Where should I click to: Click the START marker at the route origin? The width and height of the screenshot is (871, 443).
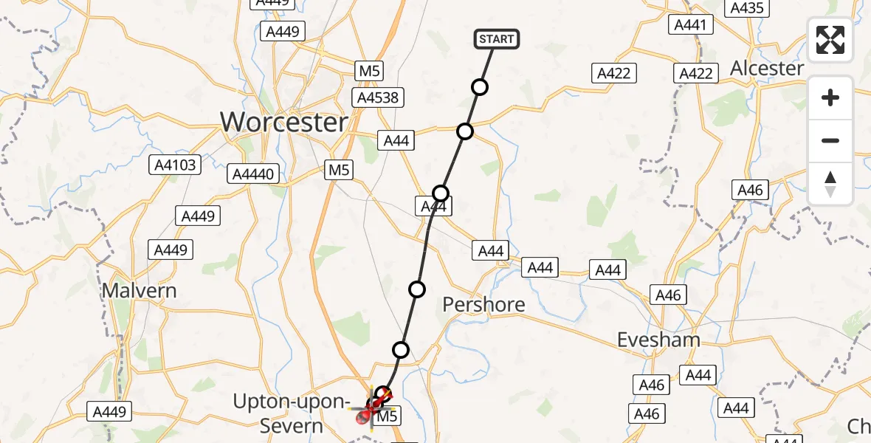tap(497, 39)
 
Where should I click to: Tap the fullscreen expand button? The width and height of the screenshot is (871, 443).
tap(830, 40)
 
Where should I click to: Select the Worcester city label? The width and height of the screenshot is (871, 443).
tap(284, 122)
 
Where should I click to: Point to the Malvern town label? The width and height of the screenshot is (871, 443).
tap(139, 290)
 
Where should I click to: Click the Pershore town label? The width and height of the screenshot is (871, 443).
tap(483, 304)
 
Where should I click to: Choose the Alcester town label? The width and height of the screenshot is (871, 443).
tap(767, 68)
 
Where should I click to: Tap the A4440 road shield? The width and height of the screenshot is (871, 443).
tap(253, 174)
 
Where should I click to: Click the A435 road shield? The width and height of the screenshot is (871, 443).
tap(747, 8)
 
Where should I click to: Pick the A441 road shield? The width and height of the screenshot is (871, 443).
tap(691, 25)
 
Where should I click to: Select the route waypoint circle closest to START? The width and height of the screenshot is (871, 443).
tap(480, 88)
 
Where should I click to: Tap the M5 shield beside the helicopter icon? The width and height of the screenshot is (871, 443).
tap(388, 417)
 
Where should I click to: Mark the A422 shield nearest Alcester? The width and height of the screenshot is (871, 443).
tap(696, 73)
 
